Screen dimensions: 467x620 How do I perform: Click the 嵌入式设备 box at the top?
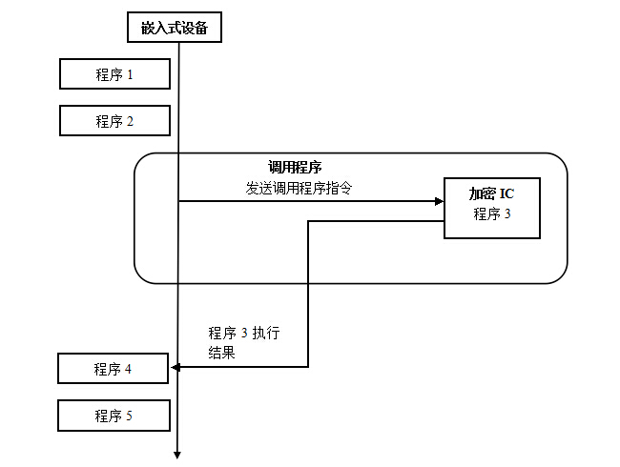pyautogui.click(x=175, y=28)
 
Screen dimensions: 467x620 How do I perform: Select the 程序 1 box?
pyautogui.click(x=114, y=74)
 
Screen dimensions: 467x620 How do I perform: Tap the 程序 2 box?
pyautogui.click(x=114, y=121)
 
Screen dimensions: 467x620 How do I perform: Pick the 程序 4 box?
pyautogui.click(x=114, y=369)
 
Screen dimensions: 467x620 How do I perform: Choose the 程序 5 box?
pyautogui.click(x=114, y=416)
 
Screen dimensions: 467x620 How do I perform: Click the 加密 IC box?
pyautogui.click(x=492, y=208)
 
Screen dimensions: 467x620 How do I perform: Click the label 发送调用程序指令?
pyautogui.click(x=299, y=188)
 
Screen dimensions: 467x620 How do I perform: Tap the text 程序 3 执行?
pyautogui.click(x=244, y=333)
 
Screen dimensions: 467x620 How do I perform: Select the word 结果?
pyautogui.click(x=221, y=352)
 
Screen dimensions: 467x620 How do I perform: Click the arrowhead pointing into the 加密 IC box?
pyautogui.click(x=439, y=201)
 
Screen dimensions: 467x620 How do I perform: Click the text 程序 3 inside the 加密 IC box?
pyautogui.click(x=492, y=214)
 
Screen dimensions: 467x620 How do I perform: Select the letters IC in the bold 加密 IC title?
pyautogui.click(x=507, y=194)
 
